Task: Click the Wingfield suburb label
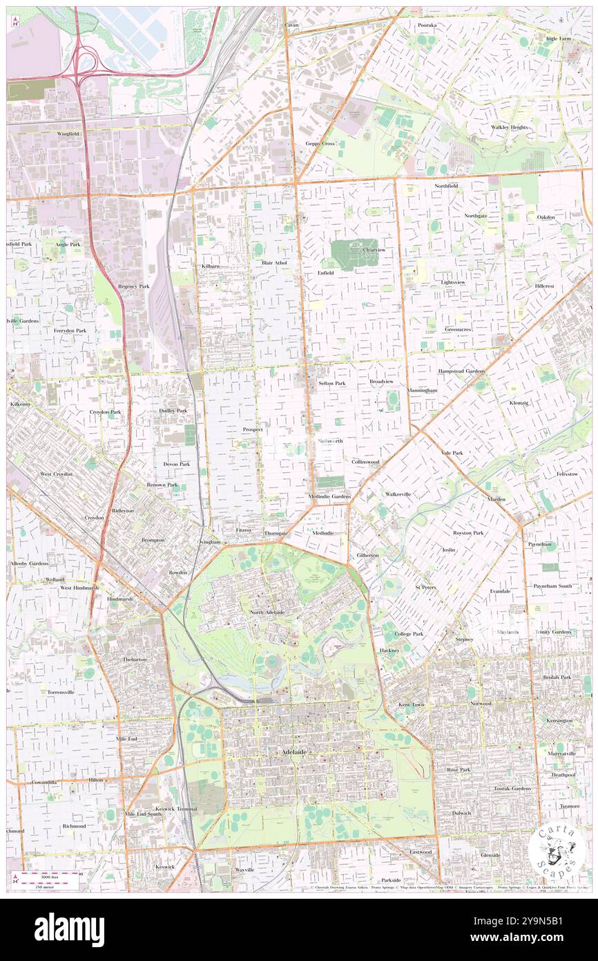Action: coord(68,133)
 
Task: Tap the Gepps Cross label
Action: coord(320,144)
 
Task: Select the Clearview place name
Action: coord(374,250)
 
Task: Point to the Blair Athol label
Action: coord(274,263)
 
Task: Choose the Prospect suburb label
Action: coord(253,429)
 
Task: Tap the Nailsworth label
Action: coord(329,440)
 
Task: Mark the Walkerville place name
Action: coord(398,494)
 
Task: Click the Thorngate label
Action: coord(276,534)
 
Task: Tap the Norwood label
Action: coord(481,703)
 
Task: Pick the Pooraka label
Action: coord(427,25)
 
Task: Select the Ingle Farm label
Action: coord(558,39)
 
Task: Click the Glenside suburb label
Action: coord(490,855)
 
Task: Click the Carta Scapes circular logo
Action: coord(556,850)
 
